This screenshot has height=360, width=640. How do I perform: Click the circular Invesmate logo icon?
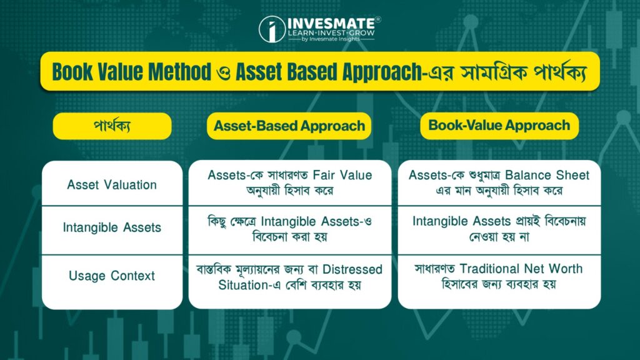272,29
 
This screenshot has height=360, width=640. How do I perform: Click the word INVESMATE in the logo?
331,23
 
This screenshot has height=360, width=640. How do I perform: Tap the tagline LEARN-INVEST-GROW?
331,33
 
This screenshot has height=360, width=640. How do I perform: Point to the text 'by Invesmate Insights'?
331,39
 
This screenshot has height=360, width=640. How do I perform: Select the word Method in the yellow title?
179,72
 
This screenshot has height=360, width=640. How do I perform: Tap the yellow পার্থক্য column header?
112,126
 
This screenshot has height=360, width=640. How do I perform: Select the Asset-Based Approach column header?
289,126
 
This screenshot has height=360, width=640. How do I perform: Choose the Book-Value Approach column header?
499,125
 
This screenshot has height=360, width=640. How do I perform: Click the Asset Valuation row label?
112,185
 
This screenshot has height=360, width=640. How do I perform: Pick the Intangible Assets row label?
112,227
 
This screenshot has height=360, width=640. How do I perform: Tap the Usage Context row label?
112,276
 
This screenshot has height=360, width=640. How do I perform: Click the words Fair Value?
342,175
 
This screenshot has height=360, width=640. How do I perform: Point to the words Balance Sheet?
547,175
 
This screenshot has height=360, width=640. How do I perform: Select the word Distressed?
352,269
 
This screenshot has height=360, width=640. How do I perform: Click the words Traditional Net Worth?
521,269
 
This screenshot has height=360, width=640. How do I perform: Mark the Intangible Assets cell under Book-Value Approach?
499,229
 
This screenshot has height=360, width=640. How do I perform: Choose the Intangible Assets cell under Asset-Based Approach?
290,229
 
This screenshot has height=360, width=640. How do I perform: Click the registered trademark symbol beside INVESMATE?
378,19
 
